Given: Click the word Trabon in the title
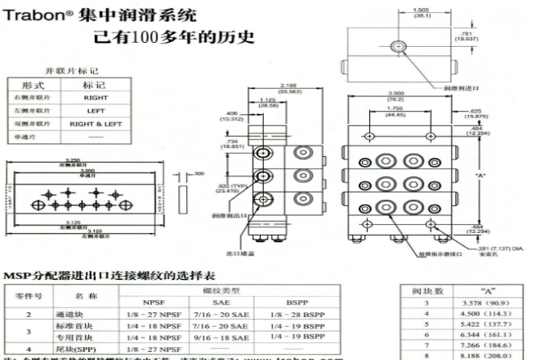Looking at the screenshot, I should tap(32, 15).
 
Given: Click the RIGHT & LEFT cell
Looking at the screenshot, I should tap(96, 124).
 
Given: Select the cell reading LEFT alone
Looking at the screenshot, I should tap(96, 110).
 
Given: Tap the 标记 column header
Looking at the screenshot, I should tap(96, 84).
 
